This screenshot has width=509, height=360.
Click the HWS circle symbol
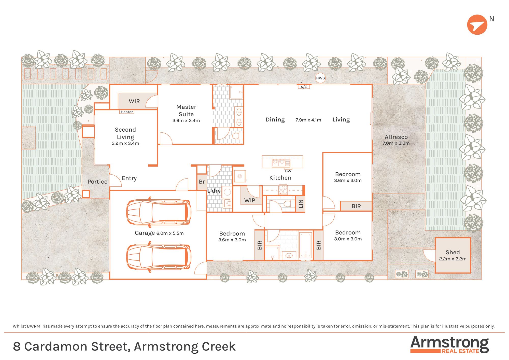point(320,78)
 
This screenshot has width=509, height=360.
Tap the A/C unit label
point(304,87)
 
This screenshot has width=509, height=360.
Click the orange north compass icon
point(477,25)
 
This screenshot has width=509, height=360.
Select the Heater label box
point(127,112)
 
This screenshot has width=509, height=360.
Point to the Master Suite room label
point(186,110)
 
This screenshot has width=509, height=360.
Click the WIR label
point(134,101)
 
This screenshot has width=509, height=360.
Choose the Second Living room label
point(125,133)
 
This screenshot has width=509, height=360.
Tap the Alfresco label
point(396,137)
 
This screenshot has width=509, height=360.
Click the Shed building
point(453,255)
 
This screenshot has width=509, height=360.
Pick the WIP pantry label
point(250,200)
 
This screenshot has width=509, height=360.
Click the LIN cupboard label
point(301,204)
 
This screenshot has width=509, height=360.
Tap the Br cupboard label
point(202,182)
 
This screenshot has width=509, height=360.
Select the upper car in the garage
point(159,212)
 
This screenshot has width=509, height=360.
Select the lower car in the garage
point(159,257)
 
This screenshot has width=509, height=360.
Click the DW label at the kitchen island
point(288,171)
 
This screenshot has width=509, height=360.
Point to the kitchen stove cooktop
point(283,190)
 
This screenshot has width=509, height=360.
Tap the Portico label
point(97,182)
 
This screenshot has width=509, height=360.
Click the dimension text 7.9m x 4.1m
point(308,120)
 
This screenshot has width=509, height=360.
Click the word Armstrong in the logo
point(449,343)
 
